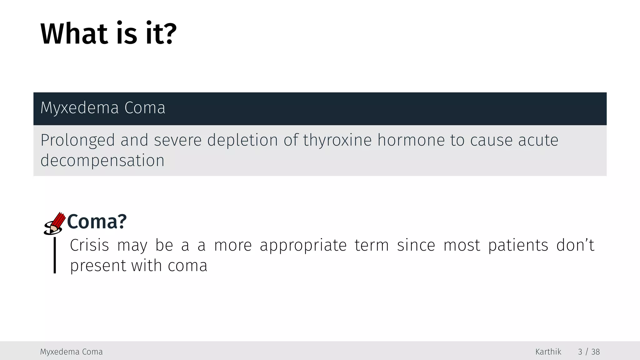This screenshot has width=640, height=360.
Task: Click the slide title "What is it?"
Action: tap(108, 33)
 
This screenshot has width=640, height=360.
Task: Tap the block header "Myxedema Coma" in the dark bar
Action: tap(103, 108)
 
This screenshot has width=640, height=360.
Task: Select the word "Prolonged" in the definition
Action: tap(77, 140)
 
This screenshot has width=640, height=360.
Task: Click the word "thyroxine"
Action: tap(337, 140)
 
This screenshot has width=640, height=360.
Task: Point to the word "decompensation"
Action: tap(102, 161)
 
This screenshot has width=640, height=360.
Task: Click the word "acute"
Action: tap(538, 140)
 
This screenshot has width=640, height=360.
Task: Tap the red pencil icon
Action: tap(55, 223)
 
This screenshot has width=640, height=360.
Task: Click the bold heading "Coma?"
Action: tap(97, 222)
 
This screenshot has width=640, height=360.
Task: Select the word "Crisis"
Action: tap(89, 245)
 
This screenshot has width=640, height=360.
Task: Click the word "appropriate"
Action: tap(303, 245)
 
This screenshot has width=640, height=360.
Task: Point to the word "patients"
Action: tap(518, 245)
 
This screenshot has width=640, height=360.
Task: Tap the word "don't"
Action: tap(575, 245)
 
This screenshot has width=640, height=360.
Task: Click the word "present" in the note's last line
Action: tap(98, 266)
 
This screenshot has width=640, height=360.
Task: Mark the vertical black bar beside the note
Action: tap(55, 255)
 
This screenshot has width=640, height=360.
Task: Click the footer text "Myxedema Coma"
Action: tap(71, 352)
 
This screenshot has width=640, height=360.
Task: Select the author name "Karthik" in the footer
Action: tap(548, 352)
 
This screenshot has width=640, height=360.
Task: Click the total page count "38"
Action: tap(595, 352)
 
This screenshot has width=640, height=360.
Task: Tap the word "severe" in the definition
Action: tap(177, 140)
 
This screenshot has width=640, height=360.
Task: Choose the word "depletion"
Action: tap(242, 140)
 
